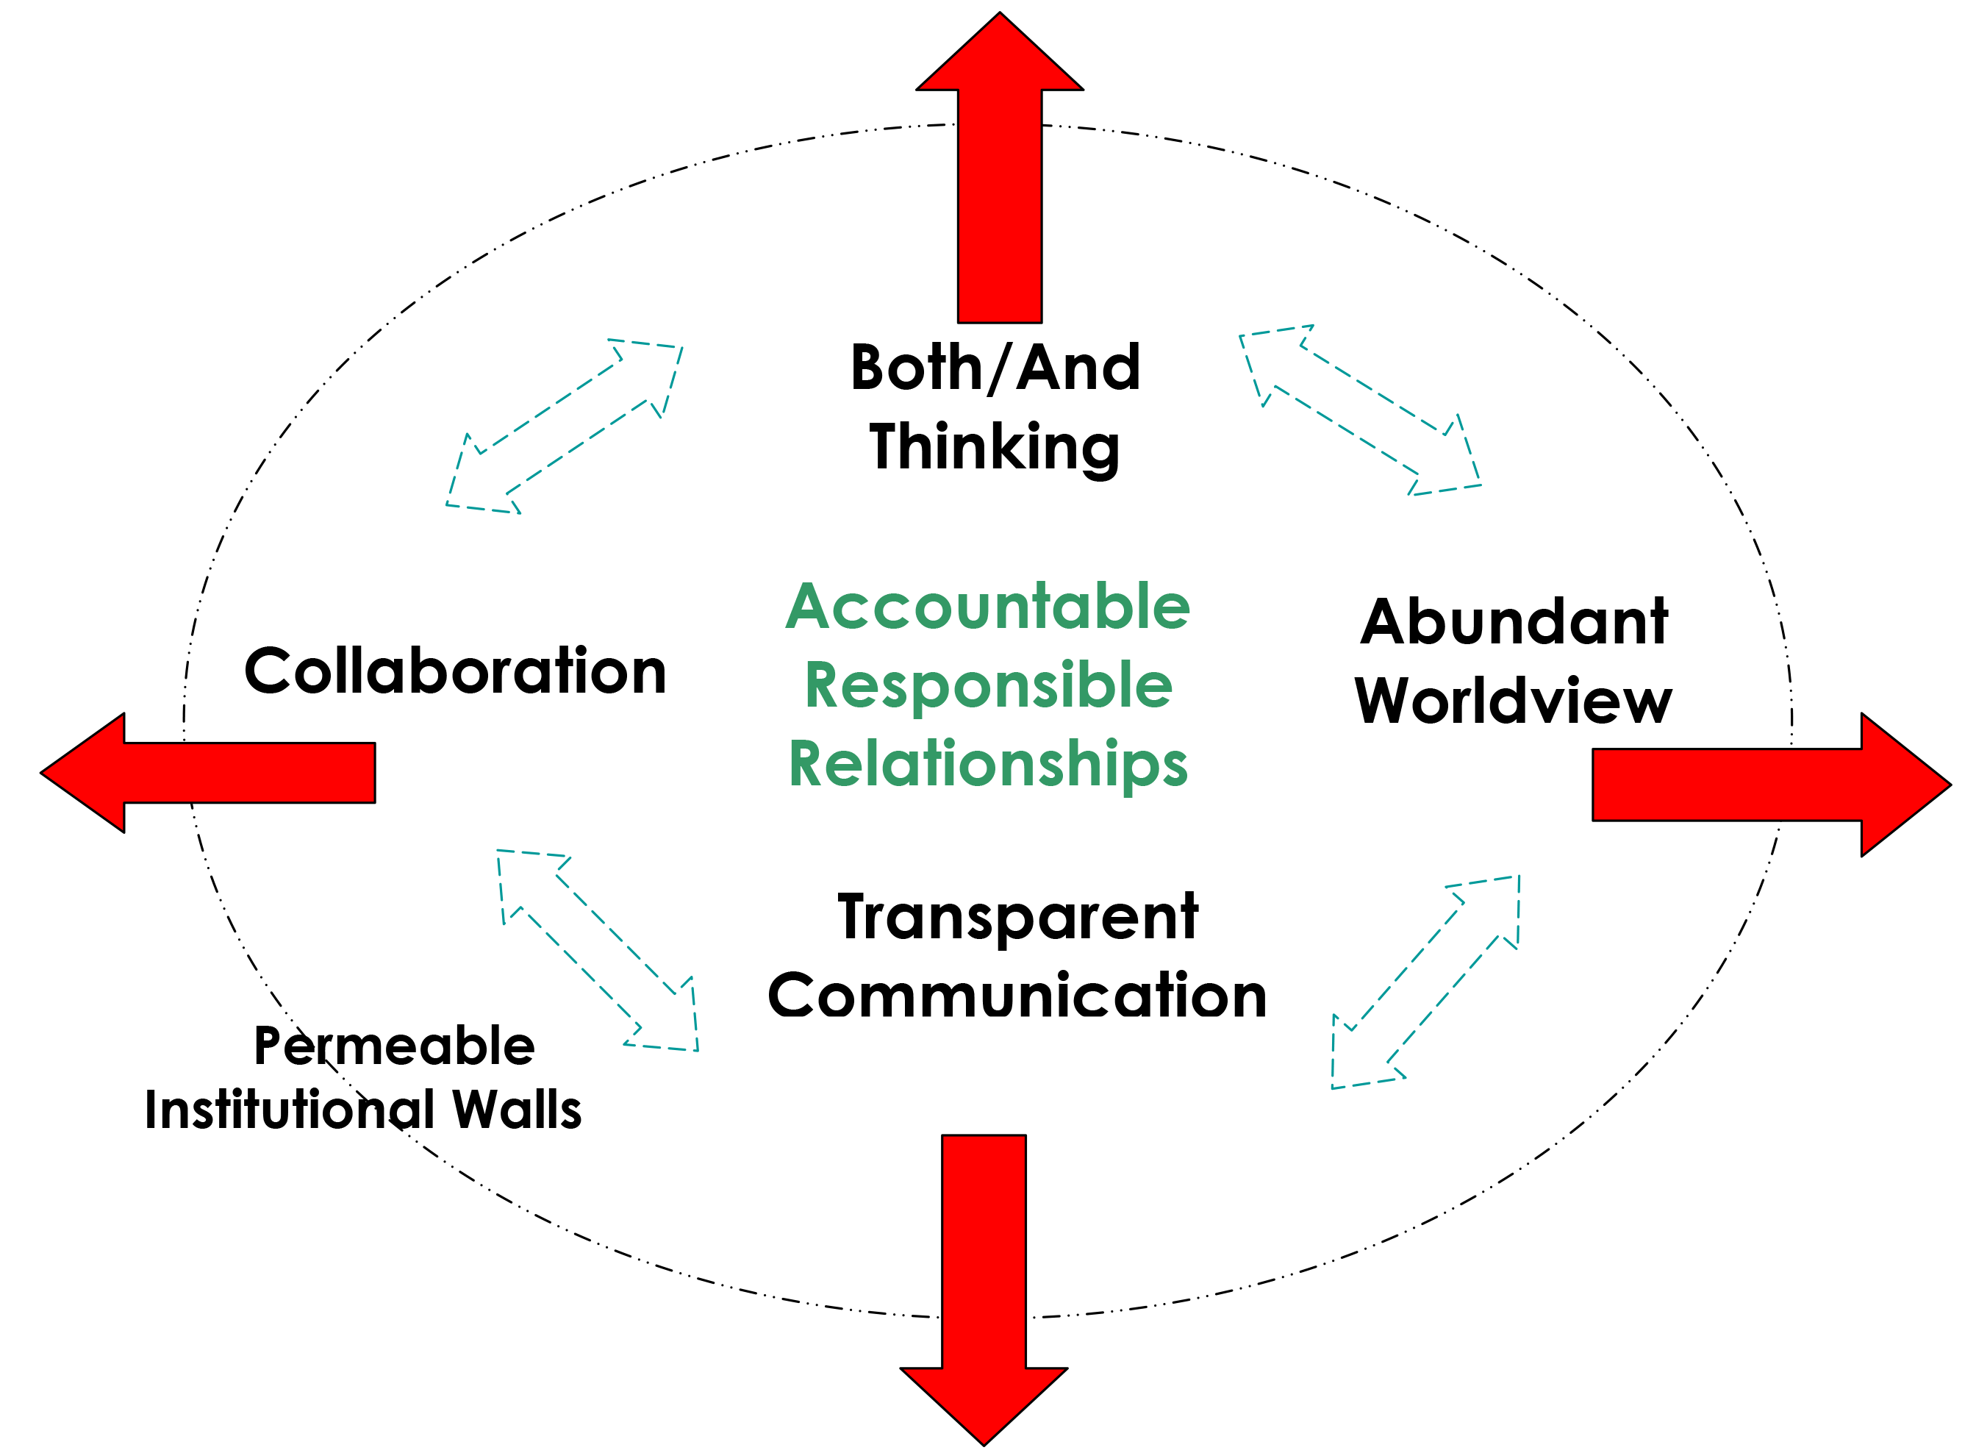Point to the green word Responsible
(x=989, y=686)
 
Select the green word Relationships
(x=989, y=763)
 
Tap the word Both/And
(x=995, y=368)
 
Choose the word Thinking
(x=995, y=448)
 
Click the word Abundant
(x=1514, y=623)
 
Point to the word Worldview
(x=1514, y=701)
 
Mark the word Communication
(x=1017, y=996)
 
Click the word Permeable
(x=394, y=1046)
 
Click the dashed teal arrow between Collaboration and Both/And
(x=565, y=426)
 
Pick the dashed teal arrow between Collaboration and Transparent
(x=598, y=950)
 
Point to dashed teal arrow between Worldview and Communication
(x=1425, y=982)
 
